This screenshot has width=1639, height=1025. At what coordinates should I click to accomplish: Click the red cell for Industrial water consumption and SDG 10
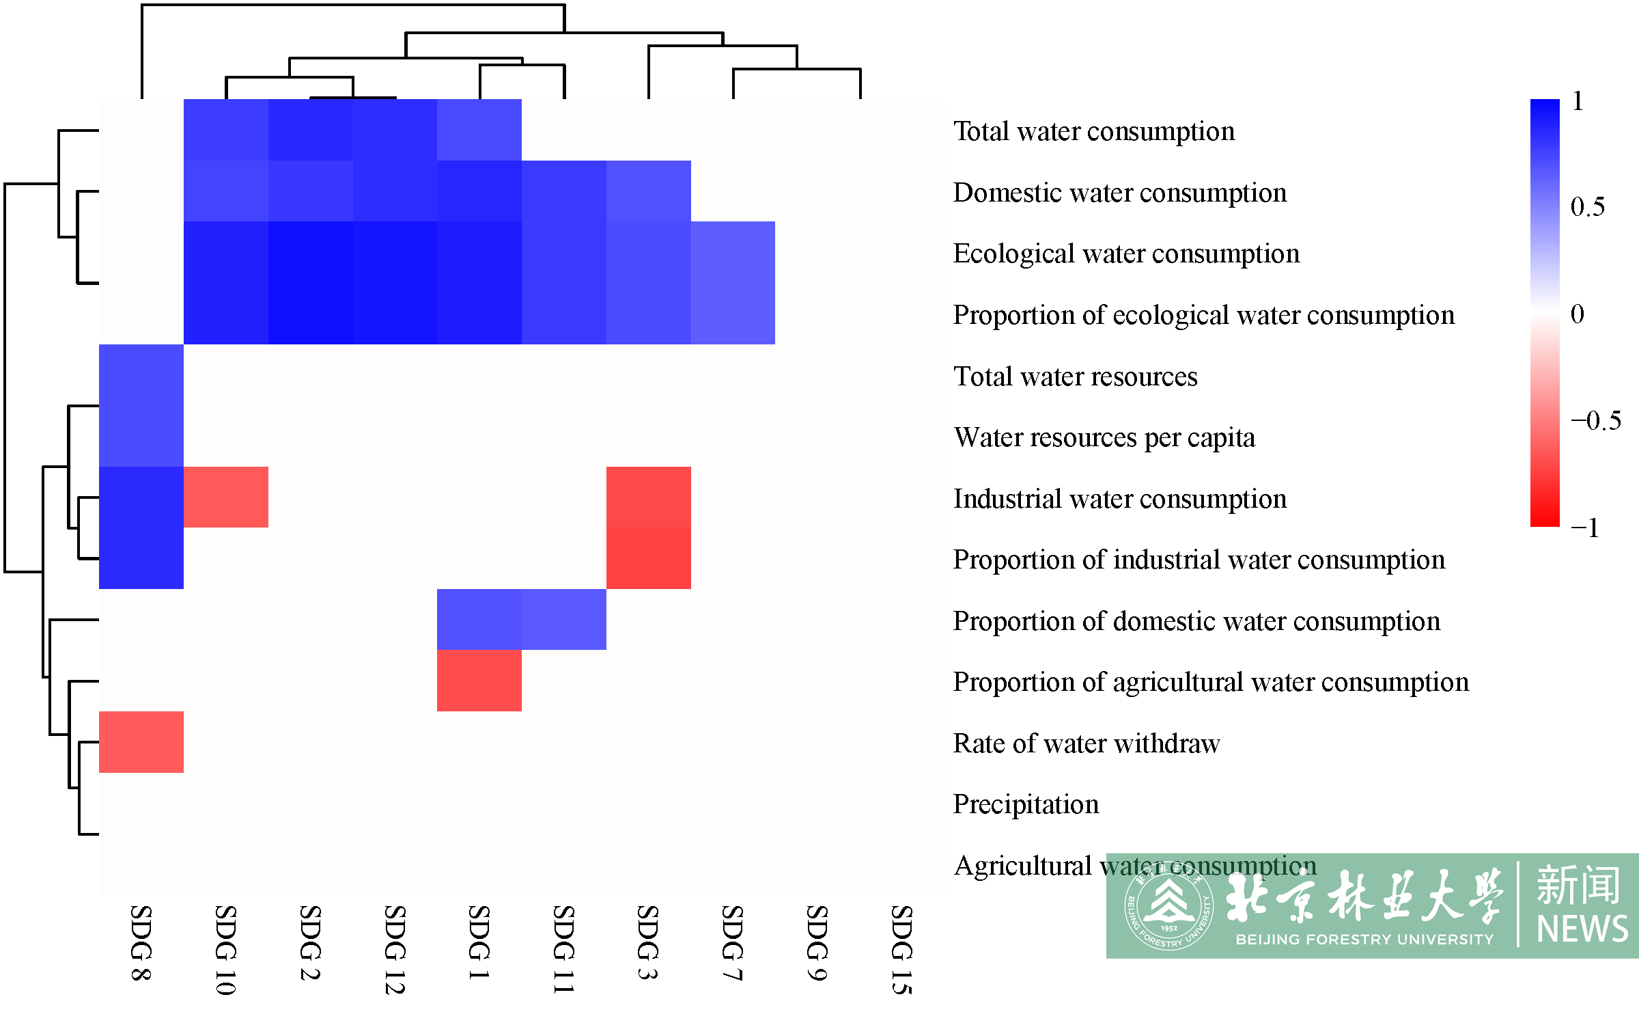(x=226, y=497)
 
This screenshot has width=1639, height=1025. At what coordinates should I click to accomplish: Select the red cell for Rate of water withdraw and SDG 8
(x=141, y=741)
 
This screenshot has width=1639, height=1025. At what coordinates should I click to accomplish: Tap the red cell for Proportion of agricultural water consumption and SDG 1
(x=479, y=681)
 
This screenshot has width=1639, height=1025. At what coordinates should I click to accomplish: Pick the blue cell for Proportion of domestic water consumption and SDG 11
(x=564, y=619)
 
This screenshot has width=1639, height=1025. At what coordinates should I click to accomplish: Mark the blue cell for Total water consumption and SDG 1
(x=479, y=130)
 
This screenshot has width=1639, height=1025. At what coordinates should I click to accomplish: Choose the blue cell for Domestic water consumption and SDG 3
(x=649, y=191)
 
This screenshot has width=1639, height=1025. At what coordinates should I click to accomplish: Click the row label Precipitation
(x=1026, y=804)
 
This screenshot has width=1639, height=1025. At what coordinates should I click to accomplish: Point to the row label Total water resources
(x=1076, y=377)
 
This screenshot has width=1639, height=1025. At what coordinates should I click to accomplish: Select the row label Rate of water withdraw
(x=1087, y=743)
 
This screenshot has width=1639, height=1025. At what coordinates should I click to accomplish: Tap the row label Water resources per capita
(x=1104, y=438)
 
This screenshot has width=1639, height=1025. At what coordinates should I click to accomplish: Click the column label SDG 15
(x=901, y=950)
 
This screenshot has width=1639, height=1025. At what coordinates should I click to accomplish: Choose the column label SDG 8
(x=141, y=943)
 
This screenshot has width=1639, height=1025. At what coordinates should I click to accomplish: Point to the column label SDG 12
(x=395, y=950)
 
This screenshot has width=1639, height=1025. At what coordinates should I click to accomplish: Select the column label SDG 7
(x=732, y=943)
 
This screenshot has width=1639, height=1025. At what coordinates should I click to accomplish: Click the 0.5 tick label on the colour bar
(x=1588, y=206)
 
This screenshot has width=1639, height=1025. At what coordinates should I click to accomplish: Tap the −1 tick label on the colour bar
(x=1585, y=528)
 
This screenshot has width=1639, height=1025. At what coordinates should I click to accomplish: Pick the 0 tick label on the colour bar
(x=1578, y=314)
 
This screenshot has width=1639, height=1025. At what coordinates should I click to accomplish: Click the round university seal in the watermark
(x=1169, y=905)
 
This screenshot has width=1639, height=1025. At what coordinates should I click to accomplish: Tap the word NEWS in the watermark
(x=1582, y=929)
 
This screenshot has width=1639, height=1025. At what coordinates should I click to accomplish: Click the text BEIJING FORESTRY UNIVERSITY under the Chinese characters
(x=1364, y=940)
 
